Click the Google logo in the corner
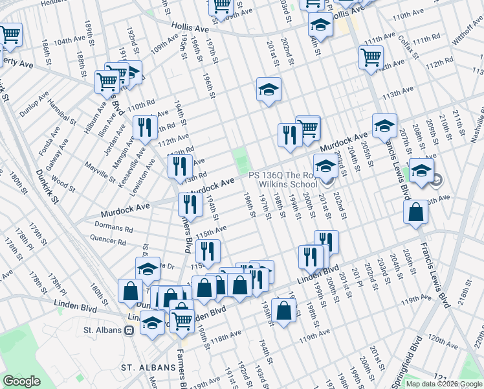coord(21,381)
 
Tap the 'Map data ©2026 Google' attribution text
coord(444,384)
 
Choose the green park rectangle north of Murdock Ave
coord(241,158)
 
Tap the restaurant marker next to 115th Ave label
coord(208,250)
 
